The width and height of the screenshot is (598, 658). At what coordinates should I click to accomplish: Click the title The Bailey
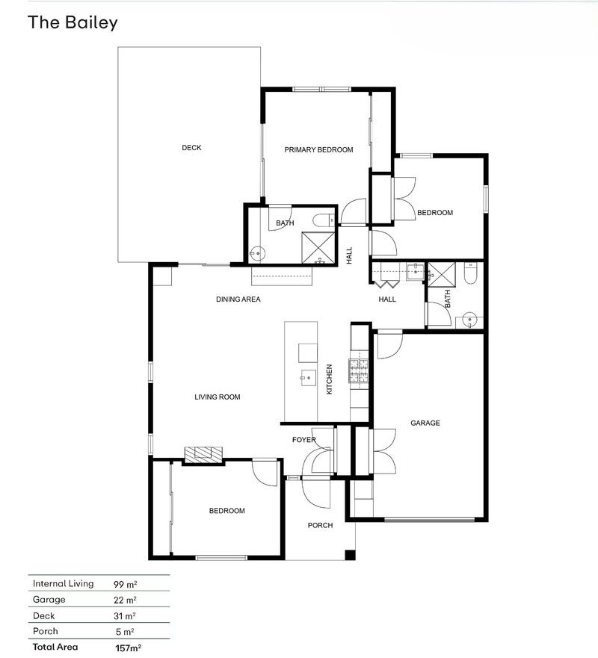point(73,22)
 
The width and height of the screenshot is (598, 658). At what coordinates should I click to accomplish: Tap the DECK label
point(191,148)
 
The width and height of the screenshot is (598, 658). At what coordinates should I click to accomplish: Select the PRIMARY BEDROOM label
point(318,150)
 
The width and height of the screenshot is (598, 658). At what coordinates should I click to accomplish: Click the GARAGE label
point(425,423)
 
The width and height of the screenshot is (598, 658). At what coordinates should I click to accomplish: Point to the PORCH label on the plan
point(320,525)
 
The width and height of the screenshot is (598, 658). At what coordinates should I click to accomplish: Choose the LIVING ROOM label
point(217,397)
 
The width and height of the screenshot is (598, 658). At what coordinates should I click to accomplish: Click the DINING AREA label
point(238,299)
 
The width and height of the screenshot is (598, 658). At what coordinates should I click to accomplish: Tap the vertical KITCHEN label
point(329,379)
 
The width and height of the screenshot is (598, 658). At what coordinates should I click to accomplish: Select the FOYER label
point(304,440)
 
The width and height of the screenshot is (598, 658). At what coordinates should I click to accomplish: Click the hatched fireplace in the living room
point(203,455)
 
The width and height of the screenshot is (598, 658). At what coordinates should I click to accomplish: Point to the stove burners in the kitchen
point(358,371)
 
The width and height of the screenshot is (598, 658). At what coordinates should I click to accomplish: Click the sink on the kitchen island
point(308,378)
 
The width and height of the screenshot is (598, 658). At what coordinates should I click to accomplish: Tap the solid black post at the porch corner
point(351,555)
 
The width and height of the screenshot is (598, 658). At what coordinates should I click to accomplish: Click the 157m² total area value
point(128,648)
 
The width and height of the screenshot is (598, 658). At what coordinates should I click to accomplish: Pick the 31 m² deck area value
point(125,616)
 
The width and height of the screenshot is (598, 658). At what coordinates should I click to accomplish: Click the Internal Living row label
point(63,583)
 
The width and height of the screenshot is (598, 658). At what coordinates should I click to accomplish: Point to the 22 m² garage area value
point(125,600)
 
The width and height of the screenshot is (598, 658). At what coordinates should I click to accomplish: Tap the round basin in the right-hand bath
point(469,320)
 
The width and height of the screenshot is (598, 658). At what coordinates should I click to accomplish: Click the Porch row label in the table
point(46,631)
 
